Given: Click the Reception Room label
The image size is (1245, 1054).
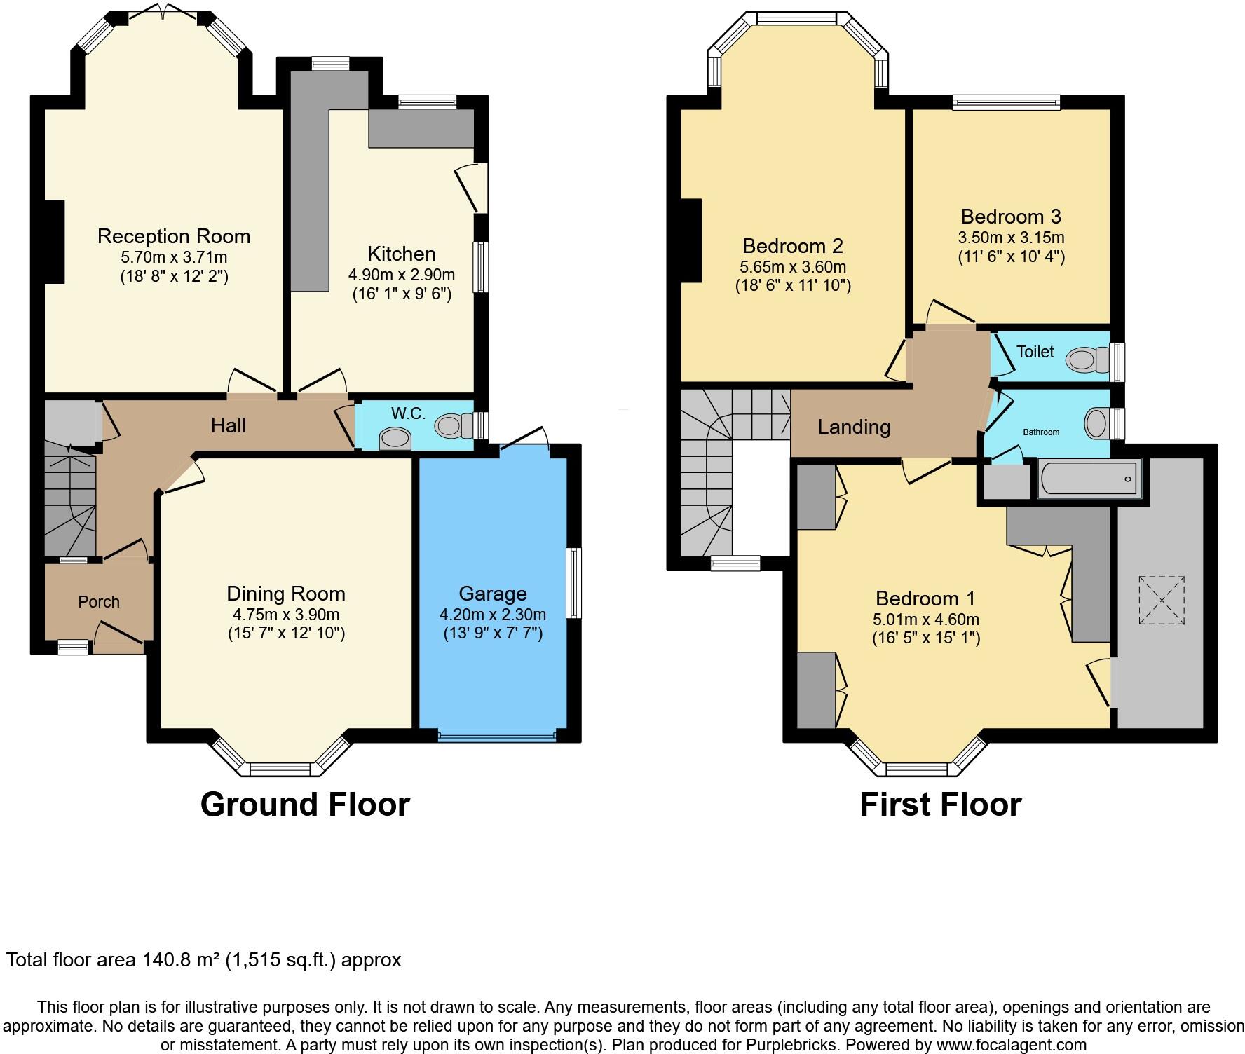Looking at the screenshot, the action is tap(174, 236).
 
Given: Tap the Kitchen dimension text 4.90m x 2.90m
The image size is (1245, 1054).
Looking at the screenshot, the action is tap(402, 275).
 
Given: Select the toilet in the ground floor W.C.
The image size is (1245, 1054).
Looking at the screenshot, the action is tap(454, 425).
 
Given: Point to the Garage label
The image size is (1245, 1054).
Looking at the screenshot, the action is tap(493, 594).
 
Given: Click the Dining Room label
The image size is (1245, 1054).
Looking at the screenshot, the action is tap(286, 594).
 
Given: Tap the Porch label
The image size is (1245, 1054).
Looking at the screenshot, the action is tap(99, 602).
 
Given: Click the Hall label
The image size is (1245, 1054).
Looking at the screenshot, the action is tap(229, 425).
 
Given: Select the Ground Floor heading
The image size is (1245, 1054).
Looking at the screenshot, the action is tap(305, 805).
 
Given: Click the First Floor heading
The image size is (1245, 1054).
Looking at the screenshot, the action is tap(941, 805).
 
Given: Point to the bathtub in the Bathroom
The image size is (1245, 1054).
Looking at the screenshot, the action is tap(1089, 479).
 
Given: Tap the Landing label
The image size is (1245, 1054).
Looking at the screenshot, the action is tap(854, 427).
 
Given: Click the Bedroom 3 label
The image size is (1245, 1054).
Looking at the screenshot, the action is tap(1011, 217).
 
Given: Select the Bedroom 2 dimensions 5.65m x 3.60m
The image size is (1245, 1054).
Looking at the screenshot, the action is tap(793, 267).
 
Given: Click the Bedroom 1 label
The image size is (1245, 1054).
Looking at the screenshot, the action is tap(925, 598).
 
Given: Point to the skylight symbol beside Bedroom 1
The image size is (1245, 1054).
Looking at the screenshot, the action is tap(1162, 601).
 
